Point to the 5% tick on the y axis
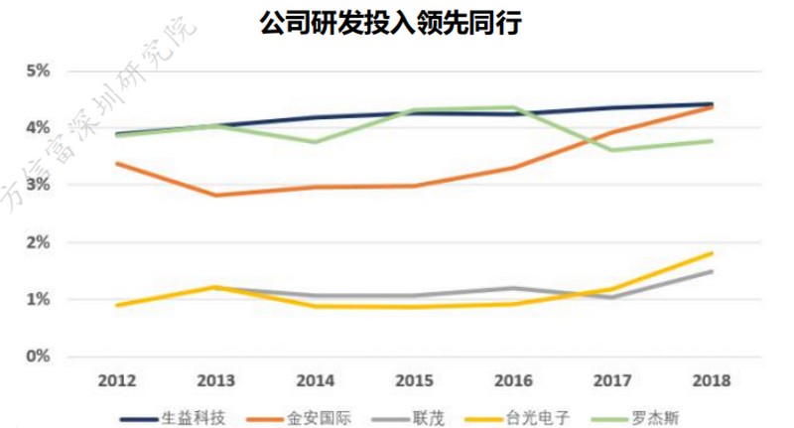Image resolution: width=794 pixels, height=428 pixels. (x=39, y=71)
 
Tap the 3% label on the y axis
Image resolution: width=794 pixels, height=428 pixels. (x=39, y=185)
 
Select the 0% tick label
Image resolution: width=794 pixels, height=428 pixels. (x=39, y=357)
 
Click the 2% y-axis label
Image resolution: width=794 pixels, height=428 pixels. (x=39, y=242)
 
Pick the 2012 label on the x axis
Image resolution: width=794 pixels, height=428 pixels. (x=116, y=381)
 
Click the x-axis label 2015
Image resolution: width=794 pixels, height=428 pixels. (x=414, y=381)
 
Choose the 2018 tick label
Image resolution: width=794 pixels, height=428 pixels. (x=712, y=381)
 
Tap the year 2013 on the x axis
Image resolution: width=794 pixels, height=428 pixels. (x=215, y=381)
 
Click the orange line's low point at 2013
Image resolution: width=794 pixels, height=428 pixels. (x=215, y=196)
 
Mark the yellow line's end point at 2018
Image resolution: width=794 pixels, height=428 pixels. (x=712, y=253)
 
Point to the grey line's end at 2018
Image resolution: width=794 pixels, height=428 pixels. (x=712, y=271)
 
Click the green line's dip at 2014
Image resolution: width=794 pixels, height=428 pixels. (x=315, y=142)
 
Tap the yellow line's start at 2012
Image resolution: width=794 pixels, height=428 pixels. (x=116, y=305)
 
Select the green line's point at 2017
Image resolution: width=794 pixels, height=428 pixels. (x=612, y=150)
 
